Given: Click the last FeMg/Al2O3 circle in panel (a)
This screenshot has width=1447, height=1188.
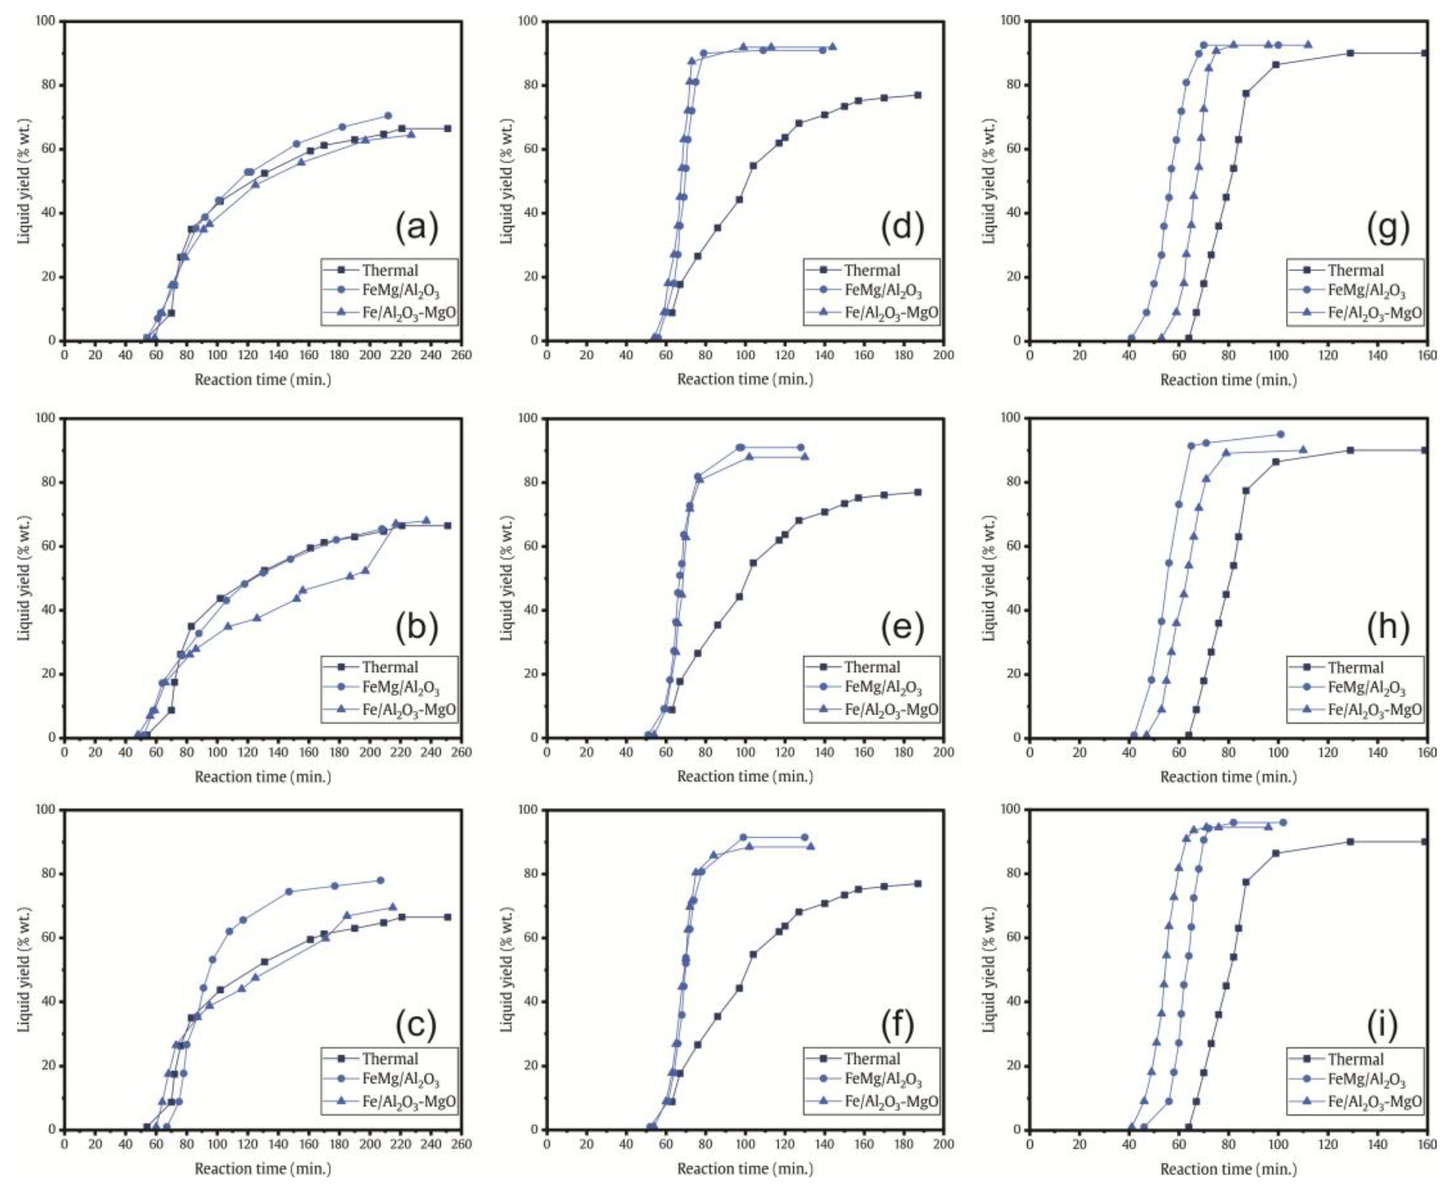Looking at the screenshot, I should click(x=388, y=116).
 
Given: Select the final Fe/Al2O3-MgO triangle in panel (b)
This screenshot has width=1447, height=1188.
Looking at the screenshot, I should click(x=426, y=520).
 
